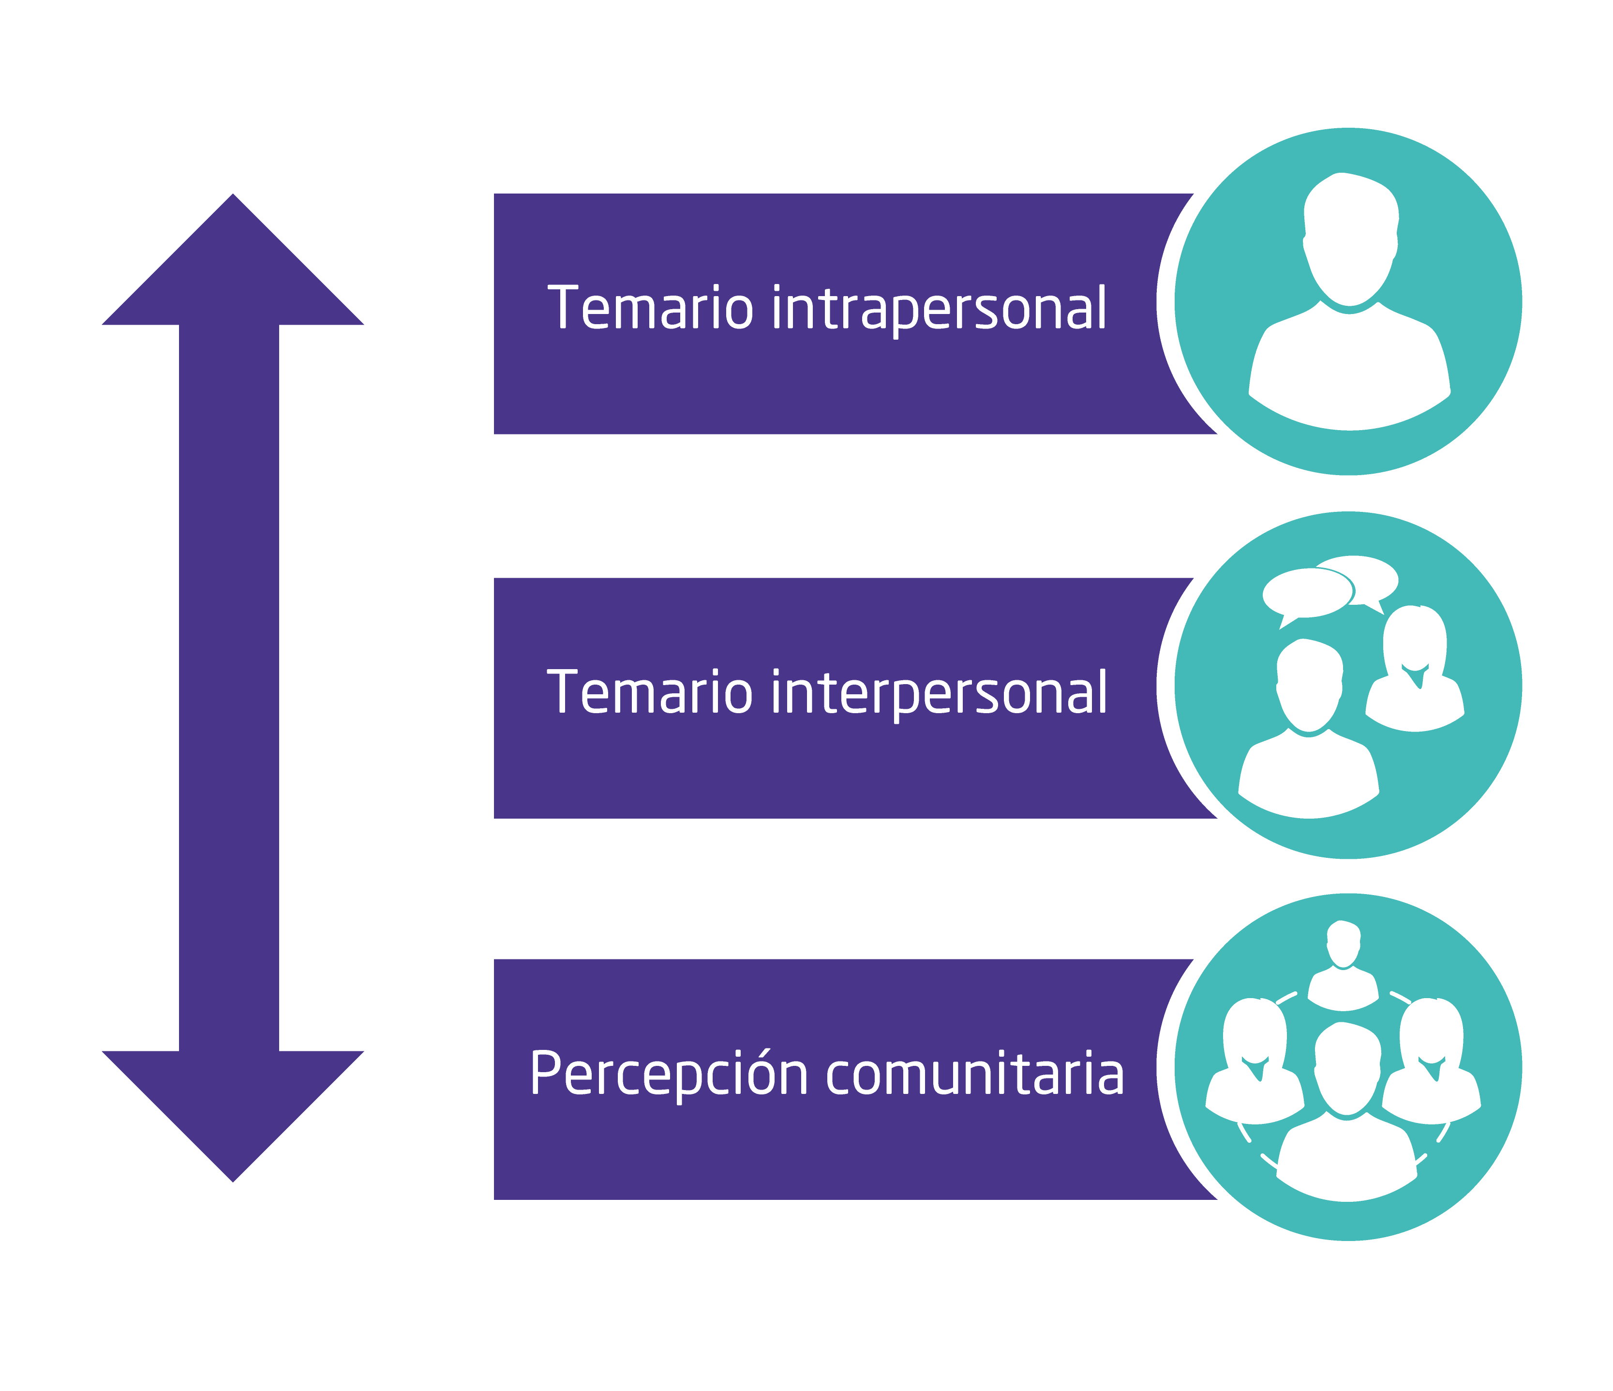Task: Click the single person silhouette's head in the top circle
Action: (1351, 238)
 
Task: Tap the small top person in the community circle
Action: (1343, 965)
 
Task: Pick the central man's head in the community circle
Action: (1347, 1066)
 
